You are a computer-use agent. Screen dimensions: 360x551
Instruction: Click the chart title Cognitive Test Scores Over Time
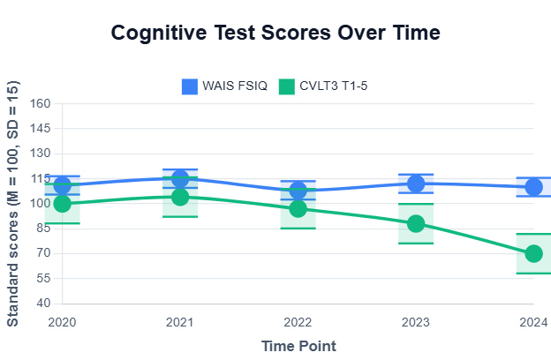[275, 34]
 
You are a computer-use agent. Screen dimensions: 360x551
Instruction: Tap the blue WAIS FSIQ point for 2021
[180, 179]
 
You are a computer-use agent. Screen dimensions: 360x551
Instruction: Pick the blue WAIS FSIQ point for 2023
[416, 184]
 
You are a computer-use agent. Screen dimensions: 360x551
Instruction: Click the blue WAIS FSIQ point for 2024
[533, 187]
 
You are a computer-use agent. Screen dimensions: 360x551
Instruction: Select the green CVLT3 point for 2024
[533, 253]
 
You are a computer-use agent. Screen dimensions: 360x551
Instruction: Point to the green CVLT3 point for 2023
[416, 223]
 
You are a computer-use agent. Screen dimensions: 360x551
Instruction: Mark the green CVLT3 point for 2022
[298, 208]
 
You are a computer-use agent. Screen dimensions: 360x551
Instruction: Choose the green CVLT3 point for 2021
[180, 197]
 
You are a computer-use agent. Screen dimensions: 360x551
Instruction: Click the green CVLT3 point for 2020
[62, 204]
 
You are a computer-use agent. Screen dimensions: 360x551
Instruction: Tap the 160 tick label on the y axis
[42, 103]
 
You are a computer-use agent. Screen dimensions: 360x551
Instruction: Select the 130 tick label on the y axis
[42, 154]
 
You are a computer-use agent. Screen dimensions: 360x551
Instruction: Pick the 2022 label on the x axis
[298, 322]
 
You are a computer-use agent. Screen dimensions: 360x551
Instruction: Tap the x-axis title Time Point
[298, 346]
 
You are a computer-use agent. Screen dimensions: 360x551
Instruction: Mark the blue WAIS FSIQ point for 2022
[298, 191]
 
